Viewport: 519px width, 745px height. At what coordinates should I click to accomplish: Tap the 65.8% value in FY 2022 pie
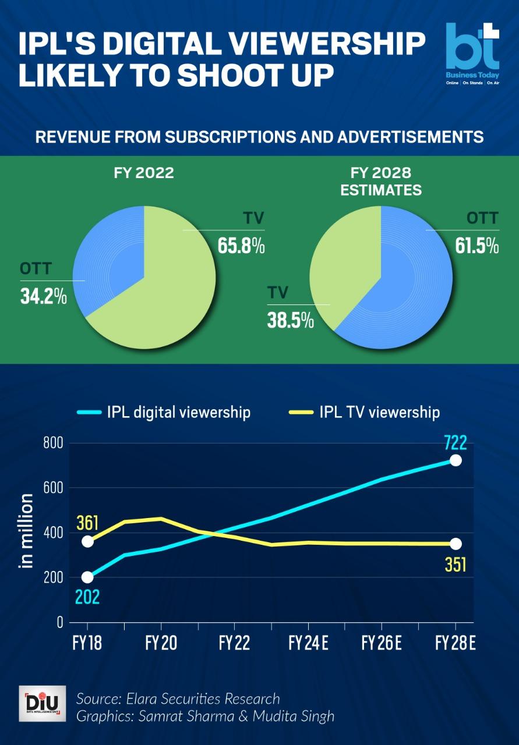[x=241, y=246]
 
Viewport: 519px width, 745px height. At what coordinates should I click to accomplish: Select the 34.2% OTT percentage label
[x=43, y=296]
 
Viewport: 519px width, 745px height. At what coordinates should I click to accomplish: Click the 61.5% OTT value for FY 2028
[x=476, y=246]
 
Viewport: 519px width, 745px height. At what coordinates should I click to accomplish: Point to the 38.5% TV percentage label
[x=290, y=320]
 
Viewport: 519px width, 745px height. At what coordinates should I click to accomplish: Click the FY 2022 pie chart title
[x=143, y=173]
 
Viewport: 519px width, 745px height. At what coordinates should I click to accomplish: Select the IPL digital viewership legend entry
[x=164, y=413]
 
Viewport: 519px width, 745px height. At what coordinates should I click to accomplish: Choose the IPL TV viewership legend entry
[x=365, y=413]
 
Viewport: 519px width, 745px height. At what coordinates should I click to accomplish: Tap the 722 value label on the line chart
[x=455, y=443]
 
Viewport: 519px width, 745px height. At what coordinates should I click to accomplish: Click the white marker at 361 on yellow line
[x=87, y=541]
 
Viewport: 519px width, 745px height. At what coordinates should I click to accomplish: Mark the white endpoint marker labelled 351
[x=456, y=544]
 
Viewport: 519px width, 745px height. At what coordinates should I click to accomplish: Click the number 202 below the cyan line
[x=87, y=597]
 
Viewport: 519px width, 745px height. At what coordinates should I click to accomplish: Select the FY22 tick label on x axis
[x=234, y=643]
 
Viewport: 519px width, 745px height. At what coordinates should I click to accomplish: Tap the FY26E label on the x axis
[x=382, y=643]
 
